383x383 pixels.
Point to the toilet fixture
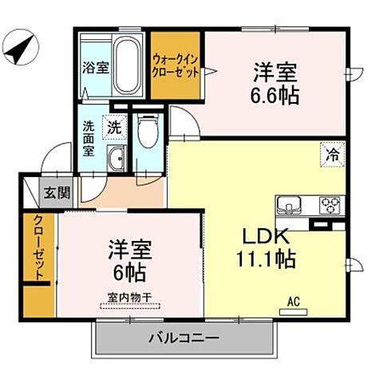147,132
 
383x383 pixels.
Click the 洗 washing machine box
115,126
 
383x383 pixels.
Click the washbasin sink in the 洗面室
116,156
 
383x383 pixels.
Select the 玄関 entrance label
57,192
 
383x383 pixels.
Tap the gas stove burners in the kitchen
330,204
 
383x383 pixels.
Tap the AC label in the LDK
293,301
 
